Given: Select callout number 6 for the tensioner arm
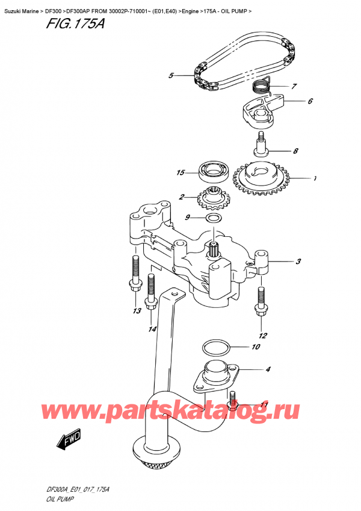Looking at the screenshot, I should coord(309,101).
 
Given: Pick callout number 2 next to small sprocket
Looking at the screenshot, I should coord(181,196).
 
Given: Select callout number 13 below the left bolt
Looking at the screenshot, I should coord(137,311).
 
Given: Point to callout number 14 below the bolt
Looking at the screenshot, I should coord(153,329).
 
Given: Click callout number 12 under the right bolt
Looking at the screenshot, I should coord(262,336).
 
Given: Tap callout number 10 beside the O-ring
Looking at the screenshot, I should coord(255,347).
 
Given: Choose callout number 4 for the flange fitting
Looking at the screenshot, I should coord(267,369).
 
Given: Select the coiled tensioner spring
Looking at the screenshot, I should coord(260,86).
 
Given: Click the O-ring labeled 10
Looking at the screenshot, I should coord(214,348).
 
